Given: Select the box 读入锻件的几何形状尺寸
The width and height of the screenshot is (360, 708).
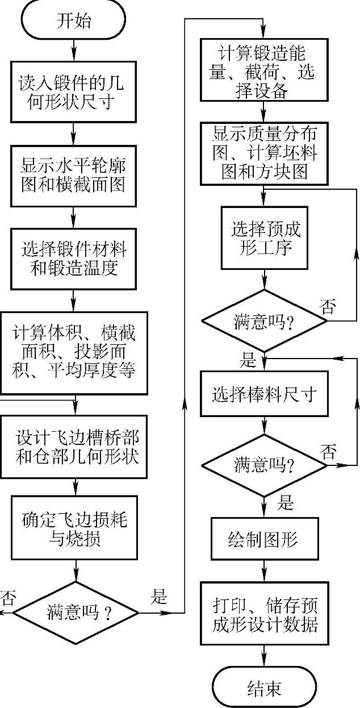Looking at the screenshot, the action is tap(74, 92).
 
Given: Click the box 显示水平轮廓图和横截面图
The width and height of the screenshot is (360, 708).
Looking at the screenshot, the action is tap(74, 176).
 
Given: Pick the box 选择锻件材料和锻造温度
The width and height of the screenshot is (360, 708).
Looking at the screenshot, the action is tap(74, 259).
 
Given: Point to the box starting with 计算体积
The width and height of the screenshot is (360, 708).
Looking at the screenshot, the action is tap(74, 353).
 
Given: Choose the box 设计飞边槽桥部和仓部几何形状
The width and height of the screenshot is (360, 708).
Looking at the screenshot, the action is tap(74, 447).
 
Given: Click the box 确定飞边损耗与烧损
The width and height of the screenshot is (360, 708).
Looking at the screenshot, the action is tap(74, 527).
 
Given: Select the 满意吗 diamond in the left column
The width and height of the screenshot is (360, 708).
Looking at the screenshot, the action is tap(76, 613).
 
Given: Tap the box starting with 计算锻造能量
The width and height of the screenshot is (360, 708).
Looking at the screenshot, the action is tap(264, 70).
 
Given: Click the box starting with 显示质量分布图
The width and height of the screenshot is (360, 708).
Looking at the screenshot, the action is tap(264, 153).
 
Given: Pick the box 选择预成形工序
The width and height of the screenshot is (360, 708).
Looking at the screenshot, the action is tap(265, 238).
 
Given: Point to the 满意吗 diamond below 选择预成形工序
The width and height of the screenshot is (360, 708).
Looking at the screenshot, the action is tap(264, 321).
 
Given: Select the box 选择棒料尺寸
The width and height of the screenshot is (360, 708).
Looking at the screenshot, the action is tap(264, 394).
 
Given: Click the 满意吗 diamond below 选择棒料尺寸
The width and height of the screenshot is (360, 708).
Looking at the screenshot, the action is tap(264, 465).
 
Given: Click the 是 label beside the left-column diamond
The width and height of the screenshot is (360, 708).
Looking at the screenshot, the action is tap(158, 596).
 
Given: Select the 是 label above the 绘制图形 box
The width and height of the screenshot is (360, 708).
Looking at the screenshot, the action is tap(286, 502).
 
